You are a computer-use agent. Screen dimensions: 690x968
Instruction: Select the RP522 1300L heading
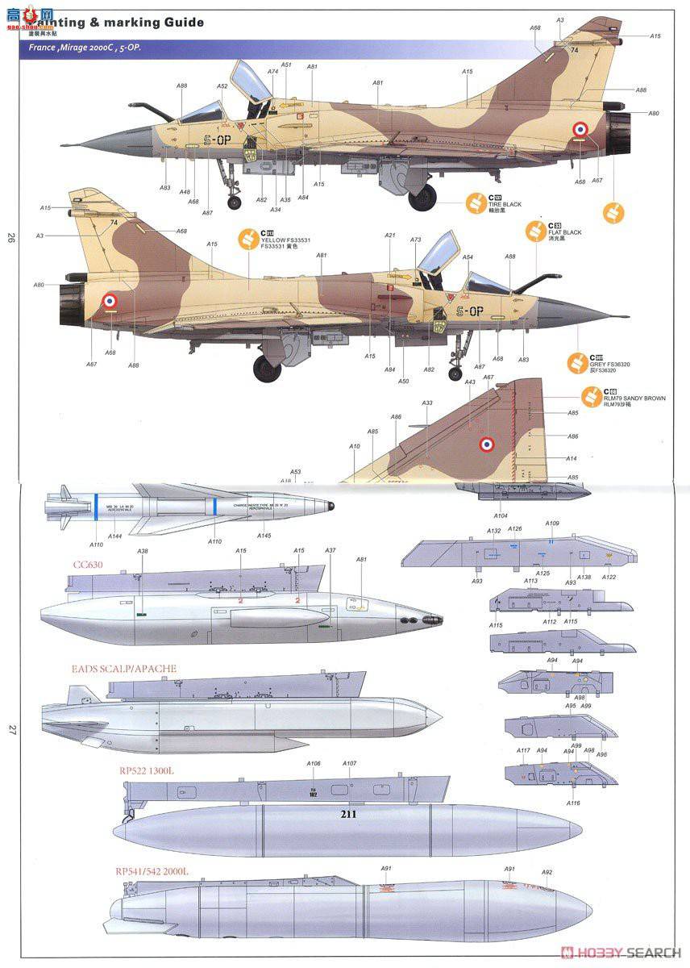pos(146,770)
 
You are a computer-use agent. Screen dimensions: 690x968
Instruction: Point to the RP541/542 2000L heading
pos(156,870)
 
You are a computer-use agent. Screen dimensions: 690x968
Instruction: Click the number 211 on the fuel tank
pos(347,815)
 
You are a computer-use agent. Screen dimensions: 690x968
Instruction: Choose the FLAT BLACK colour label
pos(564,232)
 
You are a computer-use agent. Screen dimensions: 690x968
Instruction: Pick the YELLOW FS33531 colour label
pos(285,240)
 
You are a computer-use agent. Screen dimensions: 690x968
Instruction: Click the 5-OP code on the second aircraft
pos(470,311)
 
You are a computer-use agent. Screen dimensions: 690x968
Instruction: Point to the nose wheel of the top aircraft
pos(235,202)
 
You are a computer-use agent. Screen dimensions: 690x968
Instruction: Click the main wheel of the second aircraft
pos(267,368)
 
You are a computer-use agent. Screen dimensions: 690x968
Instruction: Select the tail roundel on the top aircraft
pos(580,129)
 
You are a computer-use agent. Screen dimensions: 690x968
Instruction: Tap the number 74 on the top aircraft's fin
pos(574,50)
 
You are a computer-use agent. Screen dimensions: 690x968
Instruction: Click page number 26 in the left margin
pos(11,237)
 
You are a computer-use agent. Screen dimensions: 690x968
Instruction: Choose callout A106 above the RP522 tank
pos(314,763)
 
